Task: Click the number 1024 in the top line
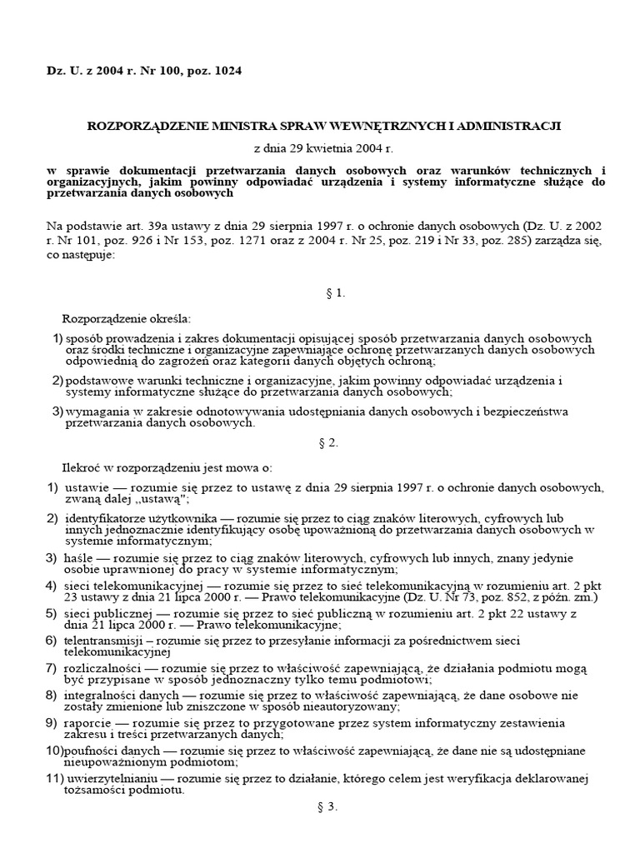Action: (227, 72)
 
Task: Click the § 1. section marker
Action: (327, 293)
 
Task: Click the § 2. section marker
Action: (327, 442)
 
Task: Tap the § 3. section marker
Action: (327, 806)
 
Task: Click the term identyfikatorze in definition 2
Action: (104, 517)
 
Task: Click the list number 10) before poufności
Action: (53, 751)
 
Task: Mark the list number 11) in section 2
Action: (54, 778)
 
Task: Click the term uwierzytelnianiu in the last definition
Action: (107, 778)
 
